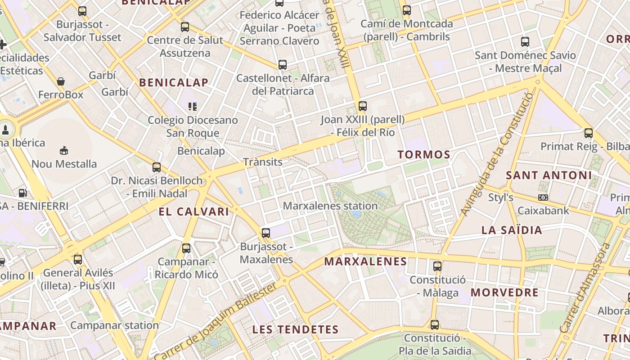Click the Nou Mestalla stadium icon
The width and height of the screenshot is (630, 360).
pyautogui.click(x=63, y=150)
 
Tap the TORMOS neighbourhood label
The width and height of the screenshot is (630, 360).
pyautogui.click(x=424, y=155)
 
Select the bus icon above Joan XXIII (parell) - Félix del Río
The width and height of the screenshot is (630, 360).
pyautogui.click(x=363, y=106)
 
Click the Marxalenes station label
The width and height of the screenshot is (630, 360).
pyautogui.click(x=330, y=206)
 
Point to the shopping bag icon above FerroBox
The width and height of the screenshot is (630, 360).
pyautogui.click(x=61, y=81)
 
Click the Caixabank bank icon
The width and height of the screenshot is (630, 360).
pyautogui.click(x=543, y=198)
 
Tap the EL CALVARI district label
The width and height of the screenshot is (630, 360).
pyautogui.click(x=194, y=211)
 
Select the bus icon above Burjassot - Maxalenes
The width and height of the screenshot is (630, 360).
pyautogui.click(x=266, y=233)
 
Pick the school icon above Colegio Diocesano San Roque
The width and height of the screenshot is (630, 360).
pyautogui.click(x=193, y=107)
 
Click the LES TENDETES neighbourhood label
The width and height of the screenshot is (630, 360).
pyautogui.click(x=295, y=329)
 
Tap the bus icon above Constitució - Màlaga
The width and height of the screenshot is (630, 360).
pyautogui.click(x=437, y=266)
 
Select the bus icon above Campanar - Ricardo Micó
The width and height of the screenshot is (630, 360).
pyautogui.click(x=186, y=248)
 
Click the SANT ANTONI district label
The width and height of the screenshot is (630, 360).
pyautogui.click(x=549, y=175)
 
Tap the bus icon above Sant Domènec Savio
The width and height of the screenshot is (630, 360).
pyautogui.click(x=525, y=42)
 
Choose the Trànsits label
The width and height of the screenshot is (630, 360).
pyautogui.click(x=263, y=162)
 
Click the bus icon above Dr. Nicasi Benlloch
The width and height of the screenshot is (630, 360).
pyautogui.click(x=157, y=167)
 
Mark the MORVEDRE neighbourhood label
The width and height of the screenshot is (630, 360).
pyautogui.click(x=504, y=292)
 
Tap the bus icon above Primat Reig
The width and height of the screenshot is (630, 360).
pyautogui.click(x=589, y=133)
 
